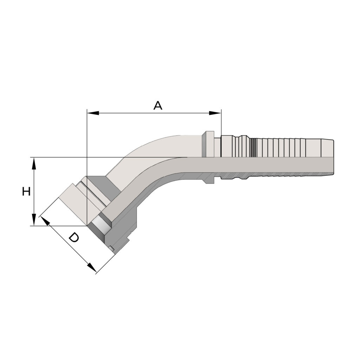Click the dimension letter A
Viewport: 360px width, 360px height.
pyautogui.click(x=158, y=105)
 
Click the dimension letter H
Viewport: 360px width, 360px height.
pyautogui.click(x=26, y=191)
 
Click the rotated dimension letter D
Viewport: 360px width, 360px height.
pyautogui.click(x=74, y=237)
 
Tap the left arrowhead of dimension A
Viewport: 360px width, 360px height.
pyautogui.click(x=93, y=113)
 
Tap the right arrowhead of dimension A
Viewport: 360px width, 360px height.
pyautogui.click(x=215, y=113)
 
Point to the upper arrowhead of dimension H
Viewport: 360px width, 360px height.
pyautogui.click(x=34, y=163)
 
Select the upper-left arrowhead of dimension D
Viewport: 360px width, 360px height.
pyautogui.click(x=45, y=221)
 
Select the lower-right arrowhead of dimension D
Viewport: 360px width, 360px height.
pyautogui.click(x=91, y=268)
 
